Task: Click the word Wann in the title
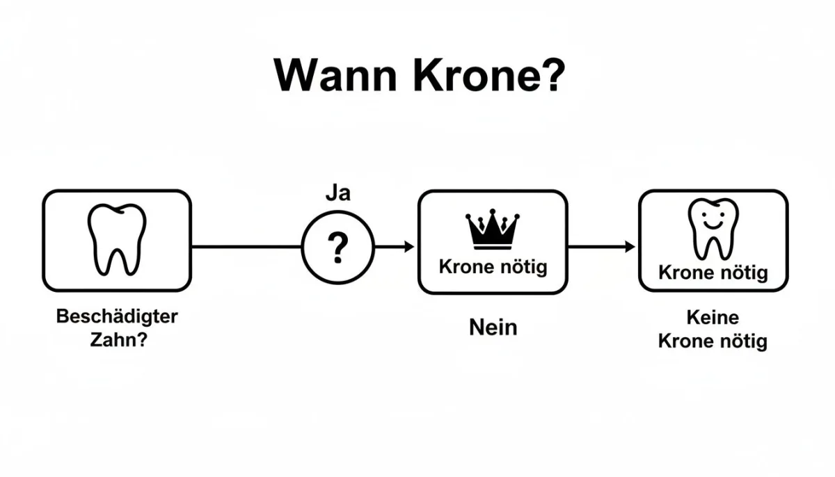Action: pyautogui.click(x=335, y=76)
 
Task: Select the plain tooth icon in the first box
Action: pyautogui.click(x=117, y=239)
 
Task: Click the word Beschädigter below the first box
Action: pyautogui.click(x=117, y=316)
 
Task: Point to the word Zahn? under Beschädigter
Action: pyautogui.click(x=119, y=339)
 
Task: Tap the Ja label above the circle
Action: pyautogui.click(x=338, y=193)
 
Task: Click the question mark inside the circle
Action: pyautogui.click(x=337, y=248)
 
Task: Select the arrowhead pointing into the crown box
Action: pyautogui.click(x=409, y=247)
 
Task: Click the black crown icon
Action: pyautogui.click(x=493, y=229)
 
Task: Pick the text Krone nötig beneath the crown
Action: pyautogui.click(x=493, y=267)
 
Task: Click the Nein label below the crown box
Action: pyautogui.click(x=493, y=328)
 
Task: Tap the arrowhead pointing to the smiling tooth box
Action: pyautogui.click(x=630, y=247)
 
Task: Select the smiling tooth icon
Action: pyautogui.click(x=713, y=229)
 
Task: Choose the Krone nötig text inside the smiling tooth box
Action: pyautogui.click(x=713, y=273)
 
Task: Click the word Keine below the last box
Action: pyautogui.click(x=713, y=318)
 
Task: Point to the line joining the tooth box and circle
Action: pyautogui.click(x=246, y=247)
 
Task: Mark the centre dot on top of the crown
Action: pyautogui.click(x=493, y=211)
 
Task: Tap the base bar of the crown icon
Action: pyautogui.click(x=493, y=247)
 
